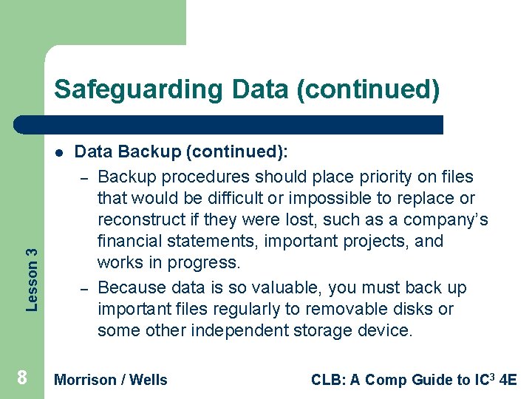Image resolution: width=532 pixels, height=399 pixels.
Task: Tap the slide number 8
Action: click(22, 378)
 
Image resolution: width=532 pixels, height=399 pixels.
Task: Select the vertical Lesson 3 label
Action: click(32, 268)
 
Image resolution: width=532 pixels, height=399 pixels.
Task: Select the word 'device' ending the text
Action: click(387, 330)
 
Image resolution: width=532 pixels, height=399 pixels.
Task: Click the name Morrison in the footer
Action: click(85, 380)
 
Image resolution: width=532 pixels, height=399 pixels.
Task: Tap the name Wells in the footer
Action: click(149, 380)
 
